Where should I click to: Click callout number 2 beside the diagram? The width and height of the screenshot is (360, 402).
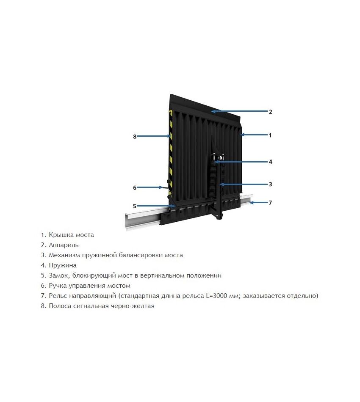(x=270, y=112)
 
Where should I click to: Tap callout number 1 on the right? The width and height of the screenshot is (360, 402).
(x=270, y=135)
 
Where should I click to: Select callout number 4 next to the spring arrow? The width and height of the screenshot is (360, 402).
(x=270, y=162)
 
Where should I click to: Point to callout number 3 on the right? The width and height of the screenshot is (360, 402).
(x=270, y=184)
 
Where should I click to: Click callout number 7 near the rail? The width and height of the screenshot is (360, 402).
(x=270, y=203)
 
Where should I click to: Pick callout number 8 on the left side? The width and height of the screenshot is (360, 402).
(x=135, y=137)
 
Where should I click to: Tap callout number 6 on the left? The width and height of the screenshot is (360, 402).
(x=135, y=188)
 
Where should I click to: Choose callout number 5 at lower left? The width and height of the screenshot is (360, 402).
(x=135, y=206)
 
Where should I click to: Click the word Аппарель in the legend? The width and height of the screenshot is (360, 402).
(x=64, y=245)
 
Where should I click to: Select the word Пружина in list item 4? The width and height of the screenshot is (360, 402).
(x=63, y=265)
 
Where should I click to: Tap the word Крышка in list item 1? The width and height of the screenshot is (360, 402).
(x=61, y=235)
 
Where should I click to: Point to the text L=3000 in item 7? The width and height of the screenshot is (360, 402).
(x=215, y=296)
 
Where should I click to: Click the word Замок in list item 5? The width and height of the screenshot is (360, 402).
(x=59, y=275)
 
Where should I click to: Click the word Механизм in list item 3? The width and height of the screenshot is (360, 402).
(x=64, y=255)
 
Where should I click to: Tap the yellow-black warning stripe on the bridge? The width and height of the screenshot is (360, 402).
(x=170, y=151)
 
